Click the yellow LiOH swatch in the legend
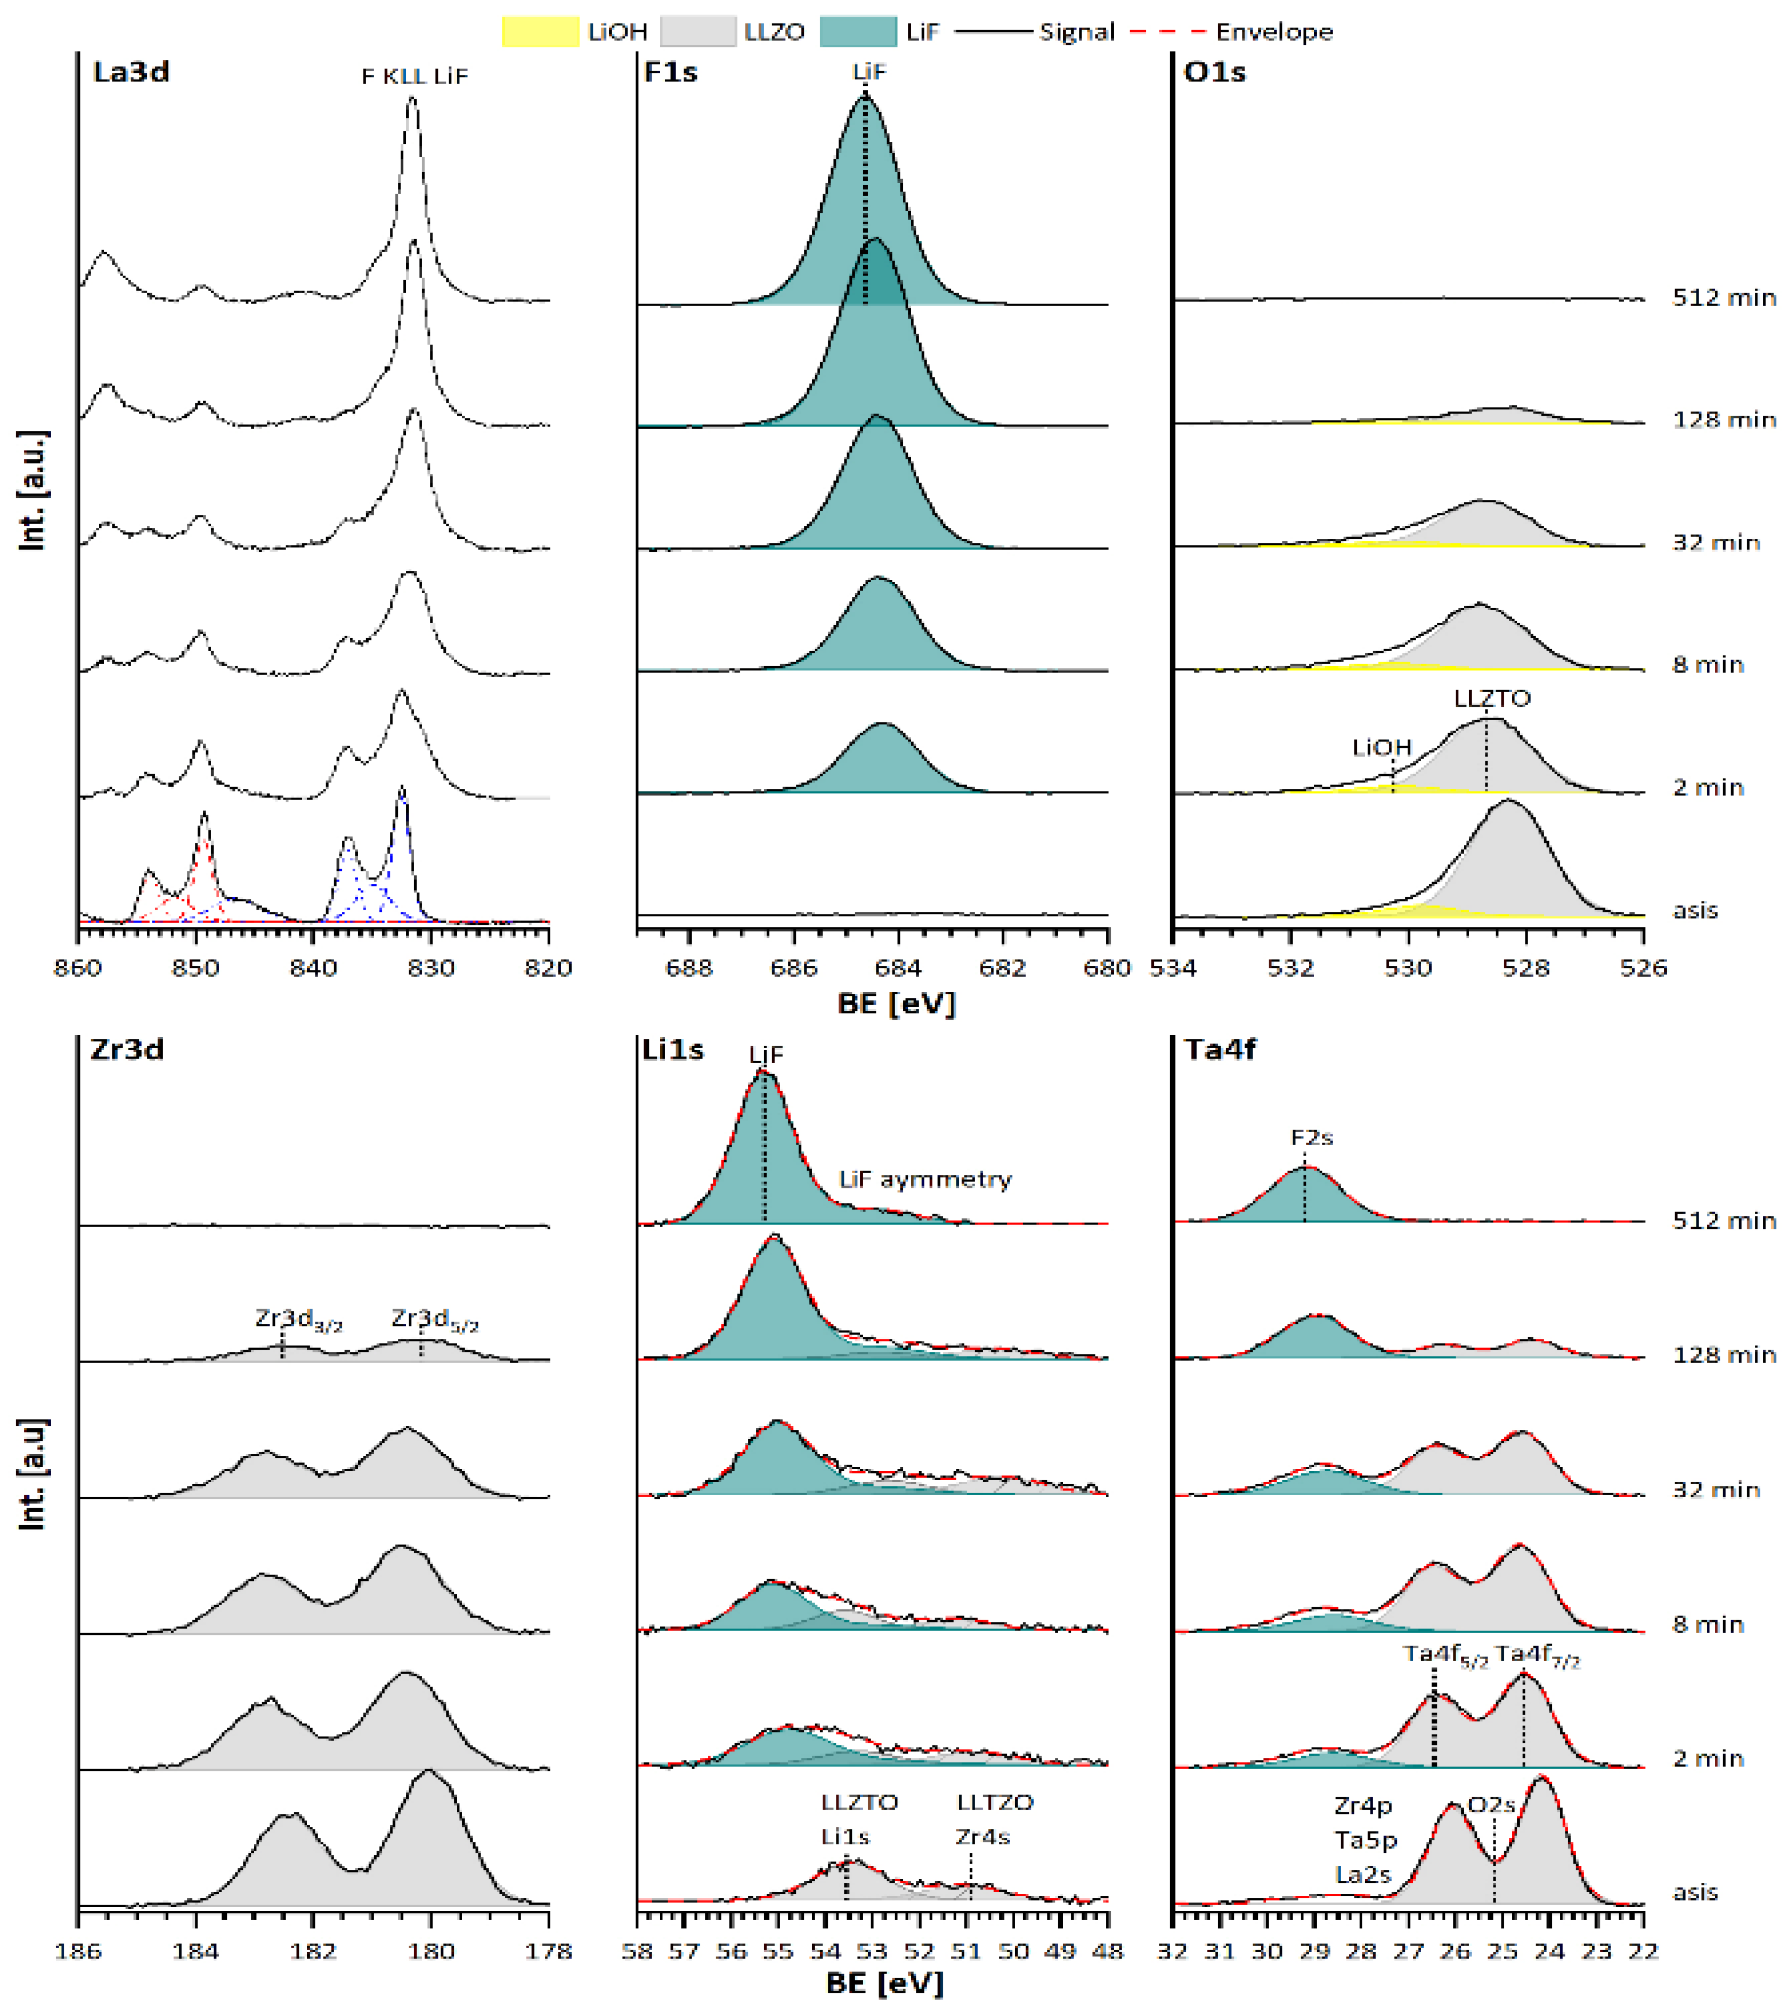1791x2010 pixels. coord(540,31)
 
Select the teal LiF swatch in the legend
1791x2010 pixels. coord(857,31)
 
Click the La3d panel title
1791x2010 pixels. coord(131,72)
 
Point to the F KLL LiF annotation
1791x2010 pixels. coord(414,76)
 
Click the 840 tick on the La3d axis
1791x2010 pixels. coord(313,968)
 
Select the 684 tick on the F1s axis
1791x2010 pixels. coord(897,968)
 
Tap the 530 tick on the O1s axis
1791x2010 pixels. coord(1407,968)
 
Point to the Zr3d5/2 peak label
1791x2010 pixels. coord(434,1319)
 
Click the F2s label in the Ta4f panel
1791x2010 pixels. coord(1311,1138)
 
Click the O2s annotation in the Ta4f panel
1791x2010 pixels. coord(1491,1804)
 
